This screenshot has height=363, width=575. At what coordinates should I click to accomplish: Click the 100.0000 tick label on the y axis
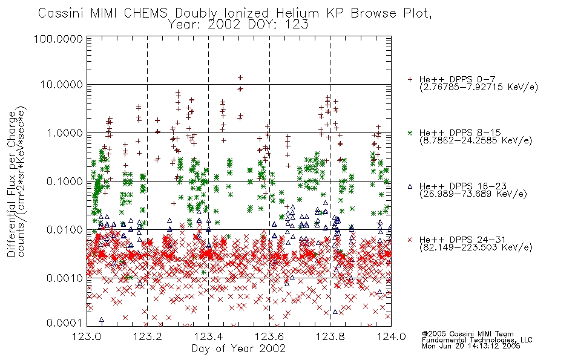pyautogui.click(x=58, y=39)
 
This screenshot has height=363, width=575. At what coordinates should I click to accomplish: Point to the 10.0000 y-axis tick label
pyautogui.click(x=62, y=85)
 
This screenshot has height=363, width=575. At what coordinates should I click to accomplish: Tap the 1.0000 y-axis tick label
pyautogui.click(x=65, y=132)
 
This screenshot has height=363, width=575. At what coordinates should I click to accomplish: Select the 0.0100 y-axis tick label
pyautogui.click(x=65, y=230)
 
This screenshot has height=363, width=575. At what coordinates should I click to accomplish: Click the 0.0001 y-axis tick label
pyautogui.click(x=65, y=322)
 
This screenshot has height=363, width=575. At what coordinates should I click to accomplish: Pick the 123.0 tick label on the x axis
pyautogui.click(x=87, y=336)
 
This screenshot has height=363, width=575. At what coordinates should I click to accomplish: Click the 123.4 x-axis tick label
pyautogui.click(x=208, y=336)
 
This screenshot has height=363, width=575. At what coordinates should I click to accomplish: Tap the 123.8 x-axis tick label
pyautogui.click(x=330, y=336)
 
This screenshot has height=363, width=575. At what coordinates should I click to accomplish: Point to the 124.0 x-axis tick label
pyautogui.click(x=391, y=336)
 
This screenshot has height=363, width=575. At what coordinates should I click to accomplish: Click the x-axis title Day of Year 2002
pyautogui.click(x=238, y=348)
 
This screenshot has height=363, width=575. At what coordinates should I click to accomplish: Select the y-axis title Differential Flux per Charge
pyautogui.click(x=11, y=184)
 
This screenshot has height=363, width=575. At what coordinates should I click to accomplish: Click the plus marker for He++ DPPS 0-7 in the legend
pyautogui.click(x=410, y=79)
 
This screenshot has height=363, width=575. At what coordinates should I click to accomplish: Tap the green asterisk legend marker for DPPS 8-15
pyautogui.click(x=410, y=132)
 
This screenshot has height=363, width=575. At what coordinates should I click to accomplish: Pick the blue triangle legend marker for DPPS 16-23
pyautogui.click(x=410, y=186)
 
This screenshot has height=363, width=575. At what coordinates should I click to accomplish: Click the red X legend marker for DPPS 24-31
pyautogui.click(x=410, y=240)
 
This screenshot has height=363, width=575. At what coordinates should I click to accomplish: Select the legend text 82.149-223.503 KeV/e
pyautogui.click(x=476, y=247)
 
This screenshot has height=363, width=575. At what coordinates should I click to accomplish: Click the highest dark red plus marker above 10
pyautogui.click(x=240, y=77)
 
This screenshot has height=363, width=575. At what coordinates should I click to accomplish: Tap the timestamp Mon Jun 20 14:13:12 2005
pyautogui.click(x=471, y=346)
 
